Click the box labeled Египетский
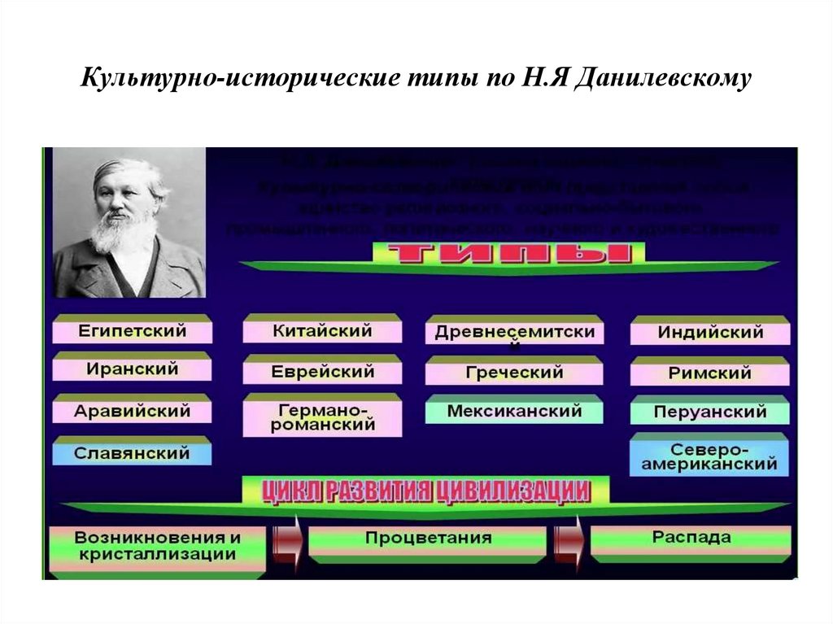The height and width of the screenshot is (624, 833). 133,331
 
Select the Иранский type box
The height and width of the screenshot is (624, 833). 133,369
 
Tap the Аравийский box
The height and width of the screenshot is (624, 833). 133,411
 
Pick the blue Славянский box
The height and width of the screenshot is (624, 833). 133,452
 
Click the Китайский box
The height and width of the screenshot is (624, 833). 322,331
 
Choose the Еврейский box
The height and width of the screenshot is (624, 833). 322,372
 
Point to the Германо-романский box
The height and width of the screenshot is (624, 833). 322,417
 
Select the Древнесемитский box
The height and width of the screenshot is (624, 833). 514,333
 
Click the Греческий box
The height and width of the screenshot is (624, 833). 514,373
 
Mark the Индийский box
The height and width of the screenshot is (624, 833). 709,333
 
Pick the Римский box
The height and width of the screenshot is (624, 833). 709,373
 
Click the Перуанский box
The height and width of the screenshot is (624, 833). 709,412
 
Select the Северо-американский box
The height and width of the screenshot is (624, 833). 709,457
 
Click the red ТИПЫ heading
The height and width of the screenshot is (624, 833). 509,253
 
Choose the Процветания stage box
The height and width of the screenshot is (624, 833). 428,539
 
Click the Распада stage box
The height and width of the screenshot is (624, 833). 691,539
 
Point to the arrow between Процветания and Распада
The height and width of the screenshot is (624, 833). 569,539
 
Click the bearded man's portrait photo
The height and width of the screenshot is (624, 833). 128,222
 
